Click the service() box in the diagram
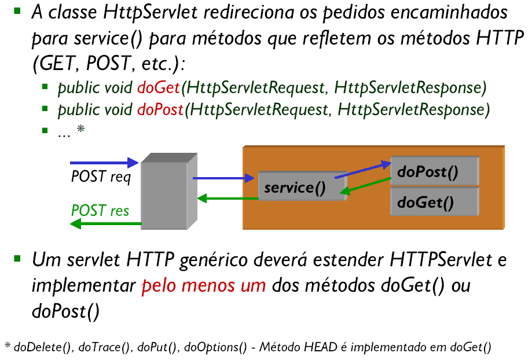pyautogui.click(x=302, y=186)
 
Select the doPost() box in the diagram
pyautogui.click(x=434, y=171)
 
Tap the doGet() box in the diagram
pyautogui.click(x=434, y=201)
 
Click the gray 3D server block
pyautogui.click(x=169, y=191)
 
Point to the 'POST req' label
pyautogui.click(x=101, y=177)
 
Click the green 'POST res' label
pyautogui.click(x=100, y=211)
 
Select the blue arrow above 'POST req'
pyautogui.click(x=104, y=163)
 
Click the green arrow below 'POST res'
pyautogui.click(x=106, y=223)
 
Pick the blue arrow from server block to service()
pyautogui.click(x=223, y=178)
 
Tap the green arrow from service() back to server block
pyautogui.click(x=228, y=199)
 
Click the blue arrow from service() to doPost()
pyautogui.click(x=362, y=170)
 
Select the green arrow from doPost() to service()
pyautogui.click(x=365, y=186)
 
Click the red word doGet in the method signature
pyautogui.click(x=159, y=88)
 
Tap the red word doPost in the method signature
pyautogui.click(x=160, y=110)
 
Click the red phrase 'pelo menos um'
pyautogui.click(x=204, y=286)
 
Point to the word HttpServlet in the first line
pyautogui.click(x=150, y=13)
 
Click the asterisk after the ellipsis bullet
pyautogui.click(x=80, y=129)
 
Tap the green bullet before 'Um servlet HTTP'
pyautogui.click(x=17, y=259)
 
